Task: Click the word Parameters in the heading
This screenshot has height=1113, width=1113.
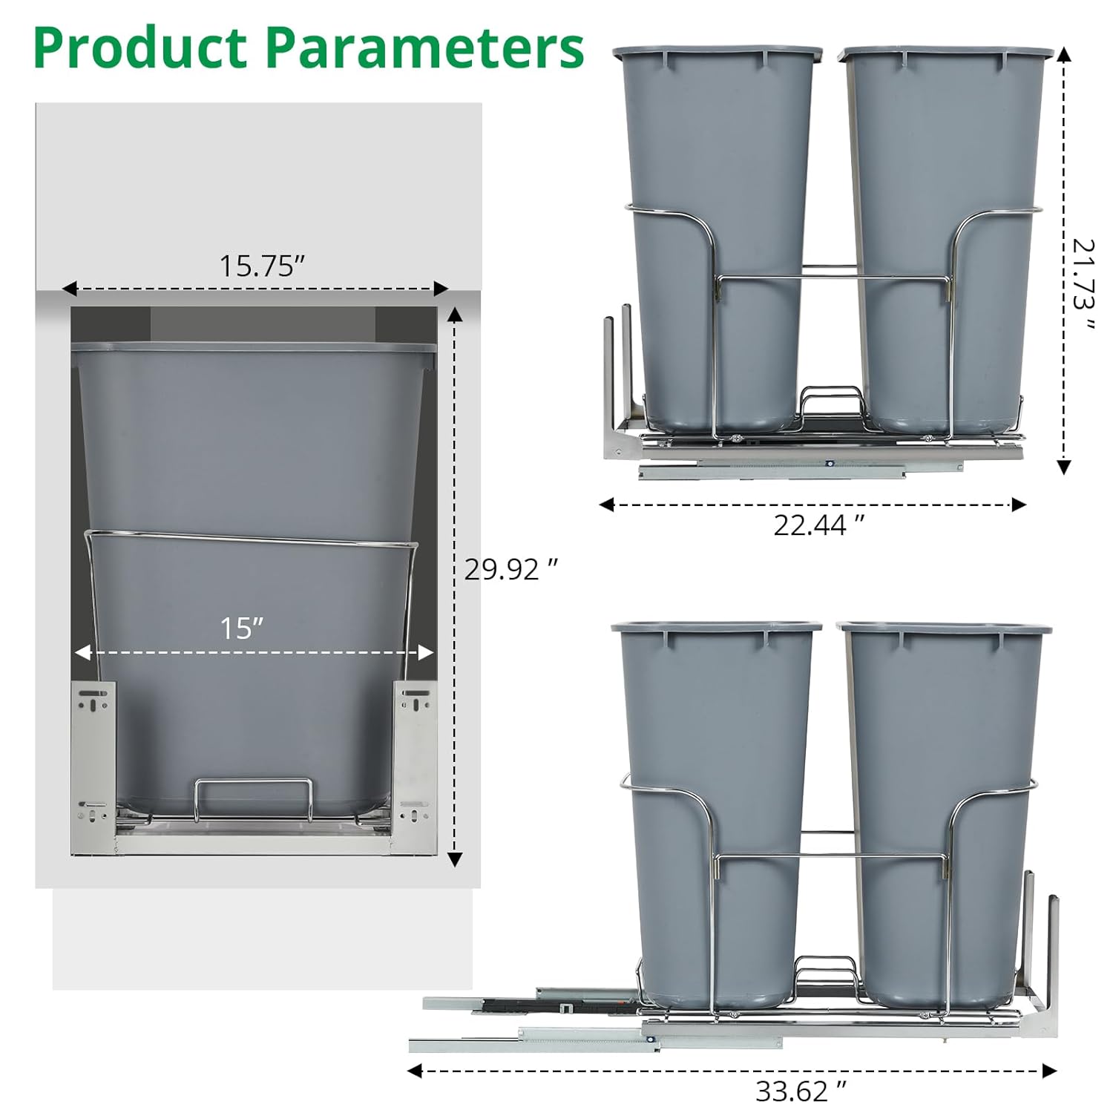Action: click(x=424, y=47)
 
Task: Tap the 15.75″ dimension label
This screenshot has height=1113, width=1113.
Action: click(x=262, y=266)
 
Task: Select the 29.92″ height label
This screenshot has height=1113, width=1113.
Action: click(x=510, y=569)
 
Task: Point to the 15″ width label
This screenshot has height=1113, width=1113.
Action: click(x=242, y=628)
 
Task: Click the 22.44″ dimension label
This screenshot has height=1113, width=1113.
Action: click(x=818, y=525)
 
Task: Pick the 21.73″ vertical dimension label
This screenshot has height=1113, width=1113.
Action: click(x=1083, y=284)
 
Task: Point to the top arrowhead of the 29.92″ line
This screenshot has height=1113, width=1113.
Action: click(x=456, y=315)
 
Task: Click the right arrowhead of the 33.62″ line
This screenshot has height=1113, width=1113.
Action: click(x=1049, y=1071)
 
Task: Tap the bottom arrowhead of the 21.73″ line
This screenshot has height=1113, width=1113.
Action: click(x=1064, y=467)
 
